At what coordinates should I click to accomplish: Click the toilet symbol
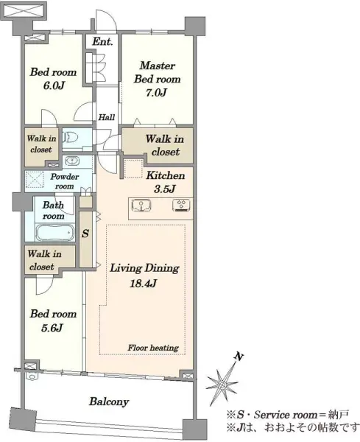(71, 138)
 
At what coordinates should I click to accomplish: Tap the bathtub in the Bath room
(54, 233)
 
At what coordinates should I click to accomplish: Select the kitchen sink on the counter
(141, 205)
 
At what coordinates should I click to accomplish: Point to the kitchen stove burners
(181, 205)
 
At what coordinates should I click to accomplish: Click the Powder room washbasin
(72, 161)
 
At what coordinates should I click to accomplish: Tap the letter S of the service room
(85, 234)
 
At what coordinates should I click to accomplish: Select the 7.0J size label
(156, 93)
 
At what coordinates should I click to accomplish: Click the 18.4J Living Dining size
(143, 284)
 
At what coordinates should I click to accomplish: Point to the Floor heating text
(153, 348)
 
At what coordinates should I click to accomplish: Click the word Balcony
(109, 401)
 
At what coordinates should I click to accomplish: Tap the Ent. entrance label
(102, 42)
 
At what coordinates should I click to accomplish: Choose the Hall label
(107, 117)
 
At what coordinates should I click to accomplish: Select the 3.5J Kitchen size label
(164, 189)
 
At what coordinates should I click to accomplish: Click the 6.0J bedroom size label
(54, 85)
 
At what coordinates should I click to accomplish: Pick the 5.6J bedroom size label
(52, 328)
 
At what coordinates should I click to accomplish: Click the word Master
(158, 66)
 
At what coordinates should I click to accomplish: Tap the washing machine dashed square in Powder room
(35, 180)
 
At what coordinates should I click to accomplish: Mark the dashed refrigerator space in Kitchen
(133, 169)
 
